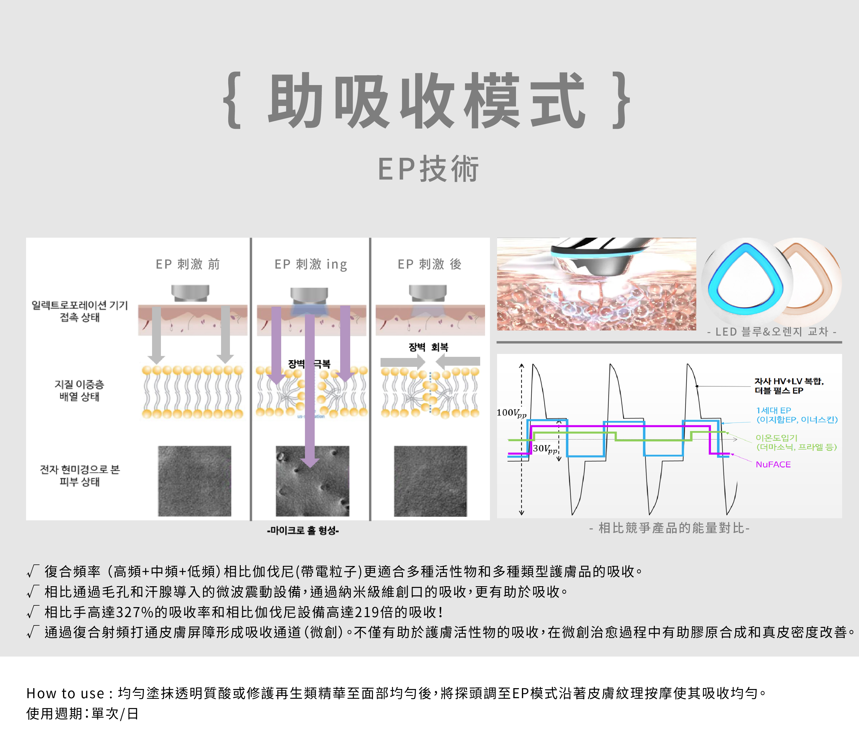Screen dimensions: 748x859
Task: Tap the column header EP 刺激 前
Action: point(188,264)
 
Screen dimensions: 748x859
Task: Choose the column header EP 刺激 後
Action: point(429,264)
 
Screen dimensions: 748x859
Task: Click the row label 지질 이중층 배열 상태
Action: point(79,390)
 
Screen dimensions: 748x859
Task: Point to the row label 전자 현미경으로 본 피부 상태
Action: point(80,475)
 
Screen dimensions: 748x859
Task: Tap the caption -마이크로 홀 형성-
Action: point(303,531)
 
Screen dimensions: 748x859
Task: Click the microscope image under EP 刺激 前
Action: point(194,481)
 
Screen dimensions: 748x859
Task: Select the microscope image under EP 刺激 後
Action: point(430,481)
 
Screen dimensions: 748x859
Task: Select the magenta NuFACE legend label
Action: point(773,464)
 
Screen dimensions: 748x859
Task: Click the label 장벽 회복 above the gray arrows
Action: point(428,347)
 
